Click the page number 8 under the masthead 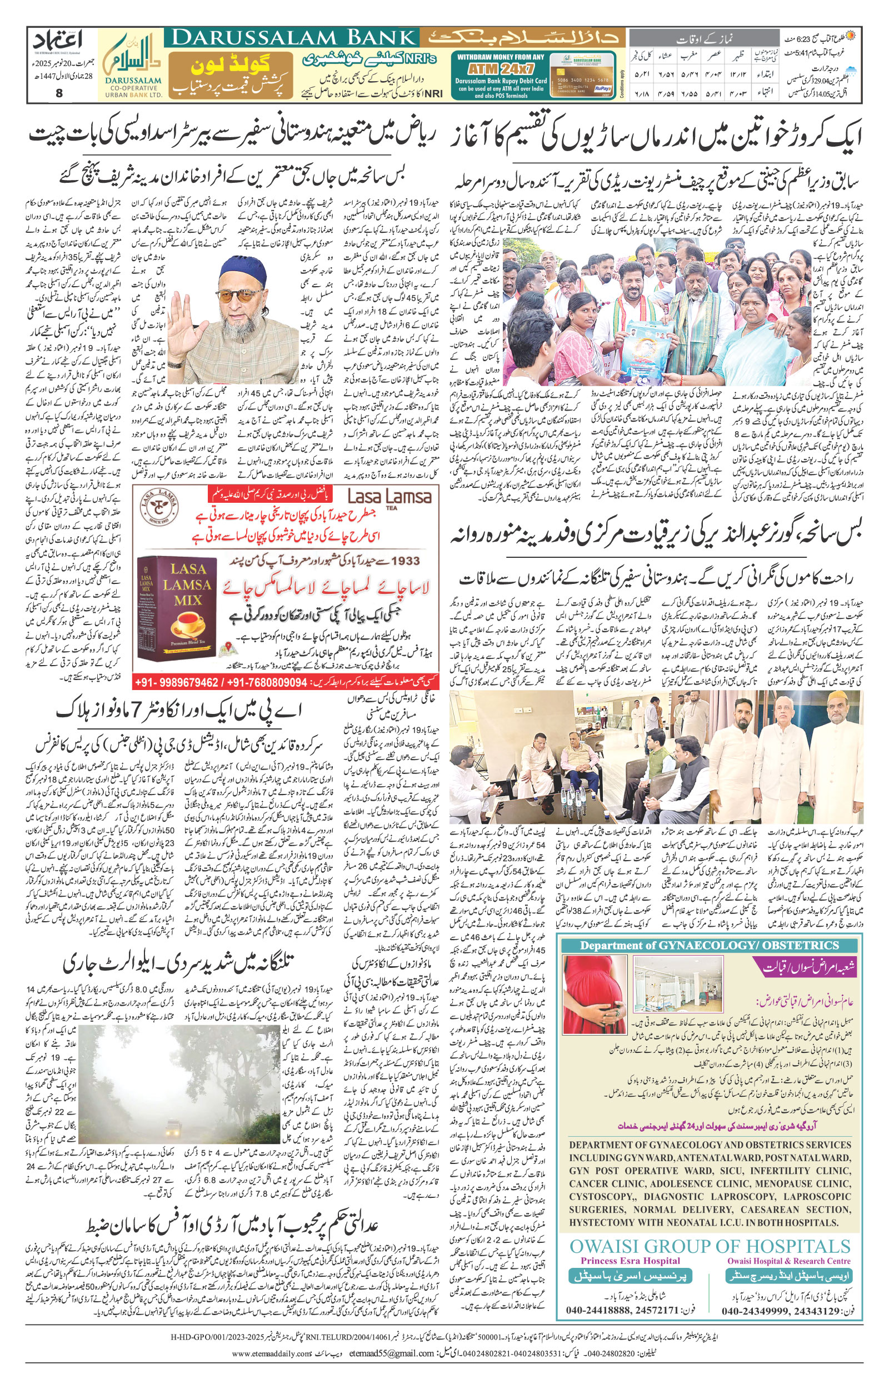(x=58, y=93)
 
